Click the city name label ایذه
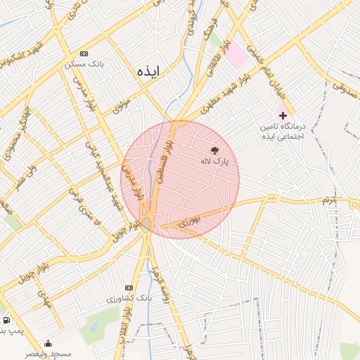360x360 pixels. (148, 71)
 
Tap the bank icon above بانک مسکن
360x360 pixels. (84, 53)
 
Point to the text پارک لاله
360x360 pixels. (214, 162)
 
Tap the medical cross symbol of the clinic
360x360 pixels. (283, 115)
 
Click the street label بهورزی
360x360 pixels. (191, 221)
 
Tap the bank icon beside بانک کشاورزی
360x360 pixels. (128, 288)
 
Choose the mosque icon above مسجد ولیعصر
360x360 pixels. (48, 343)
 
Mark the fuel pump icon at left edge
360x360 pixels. (6, 320)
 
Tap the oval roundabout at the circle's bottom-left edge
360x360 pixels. (146, 224)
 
